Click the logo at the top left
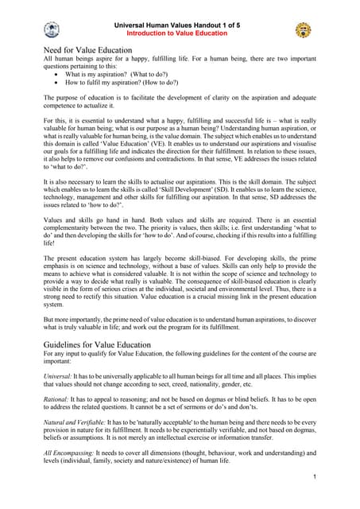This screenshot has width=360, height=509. [x=52, y=30]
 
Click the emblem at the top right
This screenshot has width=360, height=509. [x=303, y=30]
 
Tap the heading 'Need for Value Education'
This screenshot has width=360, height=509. [x=87, y=50]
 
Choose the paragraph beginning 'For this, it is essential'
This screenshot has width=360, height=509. [x=180, y=149]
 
